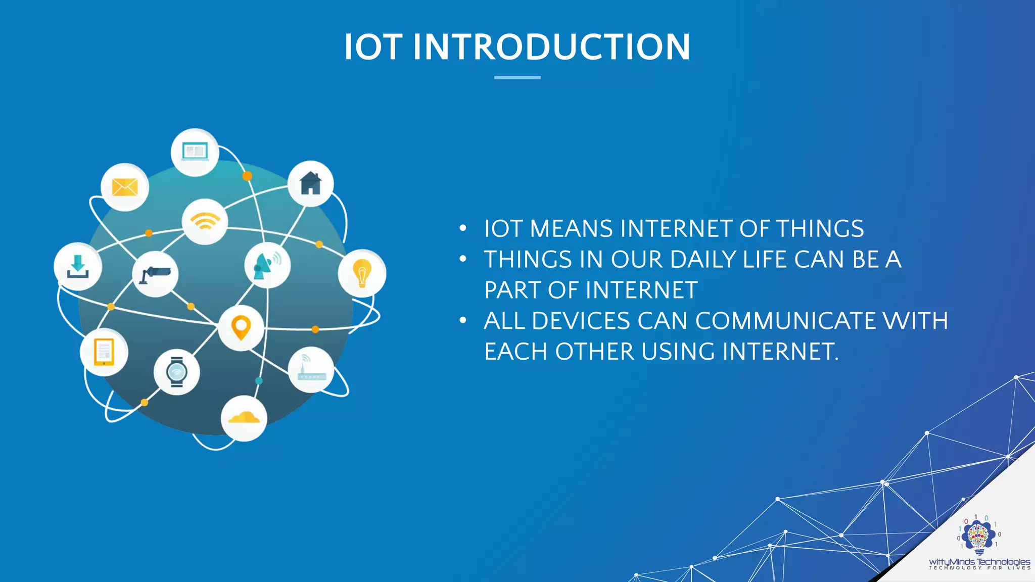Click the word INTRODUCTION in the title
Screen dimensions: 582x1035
551,47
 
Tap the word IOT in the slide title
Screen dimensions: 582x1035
373,47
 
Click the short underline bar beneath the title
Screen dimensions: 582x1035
517,77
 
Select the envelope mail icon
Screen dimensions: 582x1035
125,187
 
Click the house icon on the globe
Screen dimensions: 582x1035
311,183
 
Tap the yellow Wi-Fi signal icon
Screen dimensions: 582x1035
205,221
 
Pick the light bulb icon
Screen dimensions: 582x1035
362,273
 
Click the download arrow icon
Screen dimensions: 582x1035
78,267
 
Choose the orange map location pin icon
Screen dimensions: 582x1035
241,328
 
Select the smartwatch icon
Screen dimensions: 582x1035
177,372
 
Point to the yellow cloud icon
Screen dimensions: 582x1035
244,418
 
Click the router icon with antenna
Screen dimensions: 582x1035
311,369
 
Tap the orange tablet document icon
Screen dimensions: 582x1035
104,352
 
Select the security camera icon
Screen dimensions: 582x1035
155,274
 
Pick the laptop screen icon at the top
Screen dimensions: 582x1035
195,152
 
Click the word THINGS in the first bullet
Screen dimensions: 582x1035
820,229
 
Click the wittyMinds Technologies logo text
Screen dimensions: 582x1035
979,562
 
